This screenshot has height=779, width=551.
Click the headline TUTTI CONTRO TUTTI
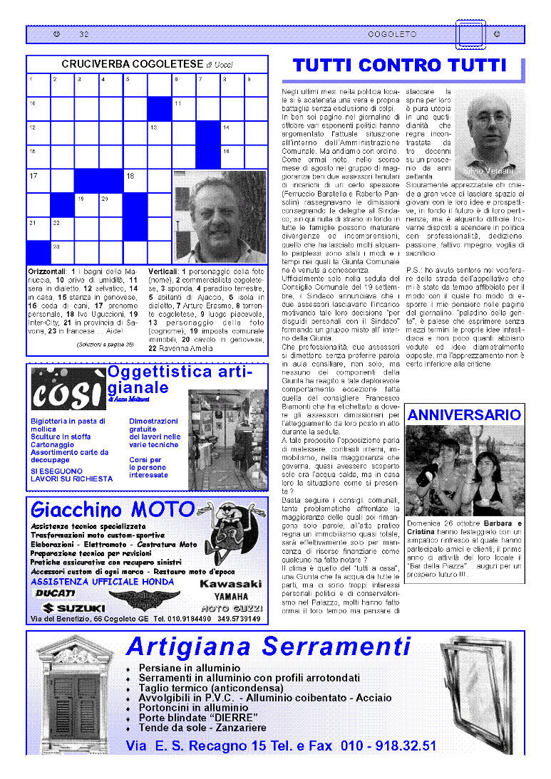pos(399,66)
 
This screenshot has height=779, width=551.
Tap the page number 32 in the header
pos(84,35)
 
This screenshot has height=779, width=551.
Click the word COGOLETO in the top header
pos(392,35)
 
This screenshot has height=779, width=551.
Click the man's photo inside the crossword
pos(220,216)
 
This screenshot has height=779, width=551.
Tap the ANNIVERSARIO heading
pos(464,415)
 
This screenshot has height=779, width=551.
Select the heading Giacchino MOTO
pos(113,510)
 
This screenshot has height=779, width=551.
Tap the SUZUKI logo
pos(74,608)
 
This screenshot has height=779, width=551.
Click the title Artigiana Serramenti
pos(268,647)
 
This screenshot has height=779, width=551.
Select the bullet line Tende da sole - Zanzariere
pos(202,728)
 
